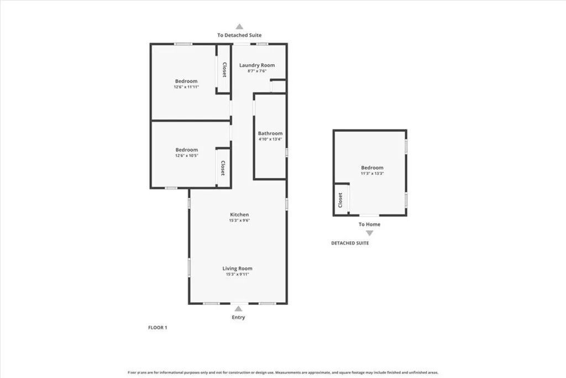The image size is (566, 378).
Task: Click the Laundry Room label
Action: pyautogui.click(x=256, y=65)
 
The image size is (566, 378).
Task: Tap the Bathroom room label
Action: pyautogui.click(x=270, y=133)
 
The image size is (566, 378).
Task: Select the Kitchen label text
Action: pyautogui.click(x=239, y=215)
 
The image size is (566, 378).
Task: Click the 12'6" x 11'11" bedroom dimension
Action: pyautogui.click(x=186, y=87)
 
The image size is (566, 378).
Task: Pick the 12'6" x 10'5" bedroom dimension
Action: pyautogui.click(x=186, y=156)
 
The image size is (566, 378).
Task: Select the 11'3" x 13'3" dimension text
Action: pyautogui.click(x=372, y=173)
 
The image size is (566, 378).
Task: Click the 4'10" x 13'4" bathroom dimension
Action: pyautogui.click(x=270, y=139)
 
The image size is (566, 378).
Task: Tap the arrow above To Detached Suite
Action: pyautogui.click(x=239, y=26)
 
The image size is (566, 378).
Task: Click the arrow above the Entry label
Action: pyautogui.click(x=238, y=309)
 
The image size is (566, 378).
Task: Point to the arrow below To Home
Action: pyautogui.click(x=369, y=233)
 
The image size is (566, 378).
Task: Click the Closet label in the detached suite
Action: pyautogui.click(x=340, y=200)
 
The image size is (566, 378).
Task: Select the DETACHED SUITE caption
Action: pyautogui.click(x=350, y=243)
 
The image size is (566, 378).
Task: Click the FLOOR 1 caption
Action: pyautogui.click(x=158, y=328)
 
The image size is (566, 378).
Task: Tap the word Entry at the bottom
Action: pyautogui.click(x=238, y=317)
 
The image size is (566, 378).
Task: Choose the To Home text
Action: pyautogui.click(x=369, y=224)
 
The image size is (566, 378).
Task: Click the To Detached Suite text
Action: pyautogui.click(x=239, y=35)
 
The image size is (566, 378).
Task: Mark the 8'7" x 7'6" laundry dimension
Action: pyautogui.click(x=256, y=71)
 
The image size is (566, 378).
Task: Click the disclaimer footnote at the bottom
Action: pyautogui.click(x=283, y=372)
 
